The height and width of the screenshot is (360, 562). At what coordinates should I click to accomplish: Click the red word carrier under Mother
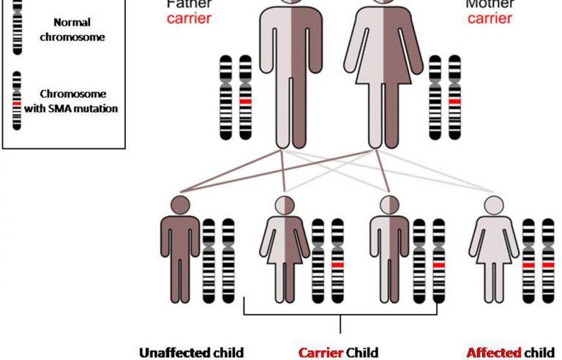[490, 18]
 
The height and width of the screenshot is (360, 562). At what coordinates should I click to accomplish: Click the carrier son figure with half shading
[389, 249]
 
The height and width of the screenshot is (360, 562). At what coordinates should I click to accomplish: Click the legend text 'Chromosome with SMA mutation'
[76, 102]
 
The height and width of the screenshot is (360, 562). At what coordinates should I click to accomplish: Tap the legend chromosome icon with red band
[16, 102]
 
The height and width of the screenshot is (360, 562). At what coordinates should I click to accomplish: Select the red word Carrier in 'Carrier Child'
[321, 353]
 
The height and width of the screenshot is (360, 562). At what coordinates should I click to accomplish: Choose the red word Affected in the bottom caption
[492, 353]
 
